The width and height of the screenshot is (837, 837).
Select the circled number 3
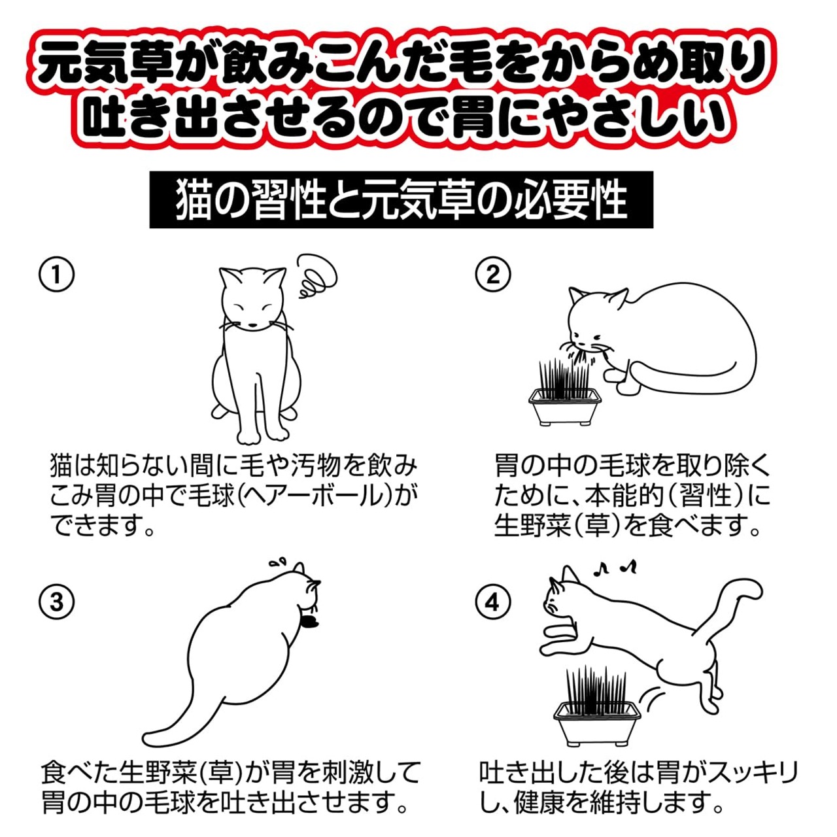pos(57,603)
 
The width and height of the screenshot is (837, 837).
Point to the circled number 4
pos(493,603)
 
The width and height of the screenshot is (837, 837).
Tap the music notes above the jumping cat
pos(615,566)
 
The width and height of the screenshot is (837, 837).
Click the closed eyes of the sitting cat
pos(252,307)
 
